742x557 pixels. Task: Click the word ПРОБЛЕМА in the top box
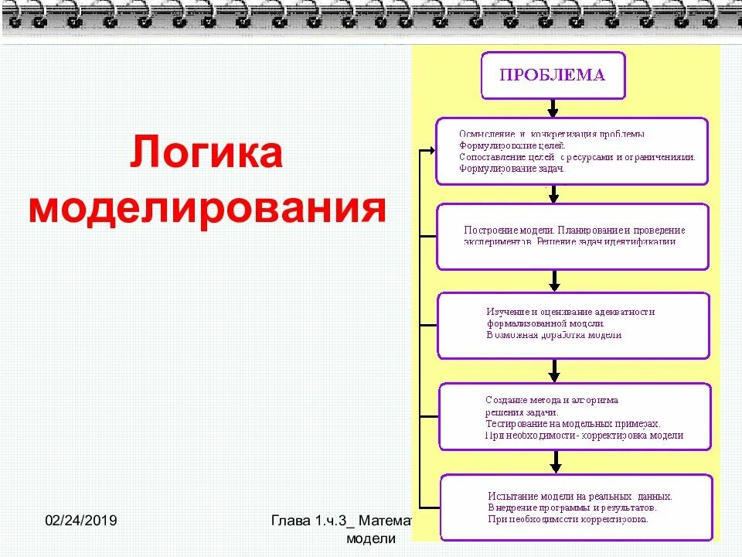pos(552,76)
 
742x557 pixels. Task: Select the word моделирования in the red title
pos(206,208)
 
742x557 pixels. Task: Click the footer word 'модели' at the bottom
pos(372,538)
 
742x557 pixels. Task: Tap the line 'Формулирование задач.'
pos(512,168)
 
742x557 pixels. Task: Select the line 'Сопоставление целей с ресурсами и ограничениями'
pos(577,156)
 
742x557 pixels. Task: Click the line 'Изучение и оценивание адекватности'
pos(570,312)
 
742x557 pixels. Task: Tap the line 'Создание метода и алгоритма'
pos(552,400)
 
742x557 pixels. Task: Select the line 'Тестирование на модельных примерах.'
pos(573,424)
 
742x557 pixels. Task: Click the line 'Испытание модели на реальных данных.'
pos(580,496)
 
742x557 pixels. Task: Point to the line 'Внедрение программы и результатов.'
pos(572,507)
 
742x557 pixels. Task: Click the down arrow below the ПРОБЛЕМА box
pos(553,108)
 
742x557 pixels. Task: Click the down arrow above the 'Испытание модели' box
pos(555,463)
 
